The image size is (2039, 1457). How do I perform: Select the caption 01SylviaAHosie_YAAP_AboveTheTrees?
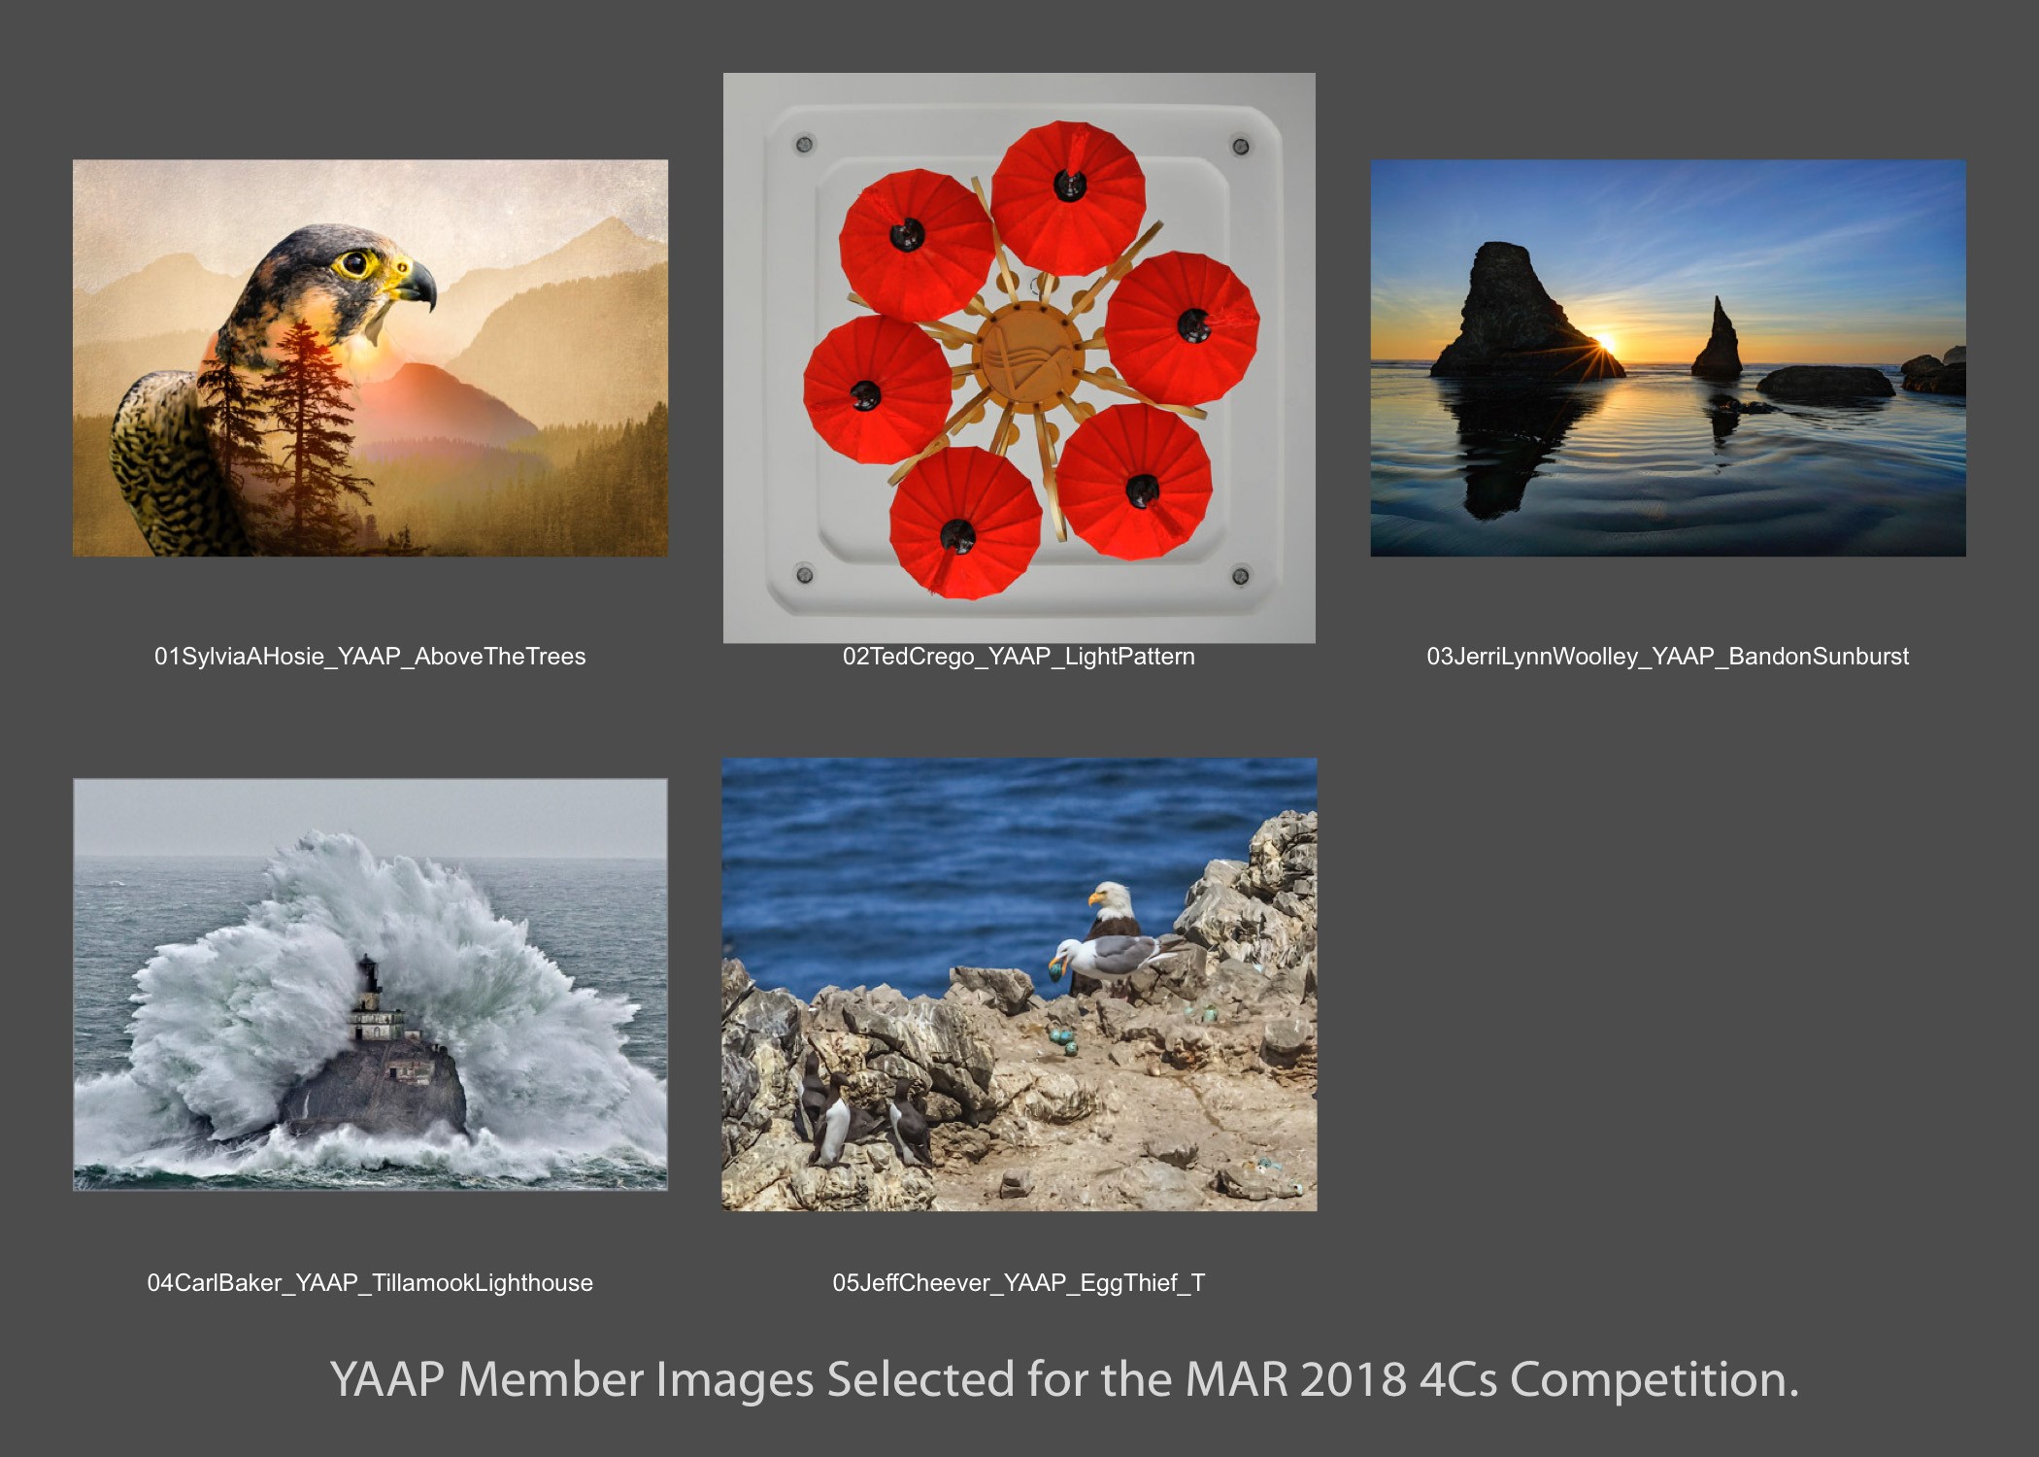click(370, 657)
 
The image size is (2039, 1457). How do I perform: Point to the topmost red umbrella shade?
click(1068, 198)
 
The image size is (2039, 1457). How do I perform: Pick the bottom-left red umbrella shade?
click(965, 523)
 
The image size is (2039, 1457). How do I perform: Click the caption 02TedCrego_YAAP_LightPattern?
click(1019, 657)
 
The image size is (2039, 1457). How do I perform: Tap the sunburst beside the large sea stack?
click(1605, 343)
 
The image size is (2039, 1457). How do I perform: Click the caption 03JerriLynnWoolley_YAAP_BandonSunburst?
click(1667, 657)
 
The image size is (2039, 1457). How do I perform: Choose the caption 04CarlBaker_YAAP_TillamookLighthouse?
click(370, 1283)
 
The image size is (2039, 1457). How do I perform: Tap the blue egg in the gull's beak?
click(1055, 967)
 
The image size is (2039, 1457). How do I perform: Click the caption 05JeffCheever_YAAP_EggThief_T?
click(1019, 1283)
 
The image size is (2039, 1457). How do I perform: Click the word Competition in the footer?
click(1655, 1379)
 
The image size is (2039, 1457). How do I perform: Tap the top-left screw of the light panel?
click(804, 145)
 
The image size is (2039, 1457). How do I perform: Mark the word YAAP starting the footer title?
click(387, 1379)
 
